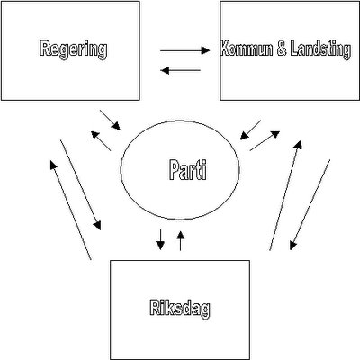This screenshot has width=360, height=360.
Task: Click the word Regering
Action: [73, 49]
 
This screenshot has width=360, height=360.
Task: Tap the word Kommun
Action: [247, 49]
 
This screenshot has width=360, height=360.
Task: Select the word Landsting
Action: [320, 50]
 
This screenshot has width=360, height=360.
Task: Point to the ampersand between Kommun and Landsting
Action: [282, 49]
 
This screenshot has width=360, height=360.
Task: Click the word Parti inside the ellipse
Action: [188, 169]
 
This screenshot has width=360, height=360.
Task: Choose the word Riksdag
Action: [180, 309]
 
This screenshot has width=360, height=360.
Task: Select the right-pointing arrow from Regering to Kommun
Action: [184, 50]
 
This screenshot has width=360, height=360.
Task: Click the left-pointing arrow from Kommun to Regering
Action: [181, 70]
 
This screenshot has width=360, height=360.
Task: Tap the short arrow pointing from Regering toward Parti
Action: [110, 120]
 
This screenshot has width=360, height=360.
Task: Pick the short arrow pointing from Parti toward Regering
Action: [101, 141]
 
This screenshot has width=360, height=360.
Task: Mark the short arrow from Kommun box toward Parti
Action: [250, 130]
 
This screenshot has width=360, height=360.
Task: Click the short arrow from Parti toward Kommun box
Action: [265, 140]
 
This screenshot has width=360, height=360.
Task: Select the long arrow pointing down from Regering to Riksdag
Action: [80, 184]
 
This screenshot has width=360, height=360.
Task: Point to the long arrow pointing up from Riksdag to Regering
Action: [70, 210]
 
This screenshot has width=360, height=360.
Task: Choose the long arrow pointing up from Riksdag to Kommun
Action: [285, 195]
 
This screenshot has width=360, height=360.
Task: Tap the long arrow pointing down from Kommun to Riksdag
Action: [310, 205]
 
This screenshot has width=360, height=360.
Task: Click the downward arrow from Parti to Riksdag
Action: [160, 240]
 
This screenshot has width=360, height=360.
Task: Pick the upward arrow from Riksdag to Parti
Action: [180, 240]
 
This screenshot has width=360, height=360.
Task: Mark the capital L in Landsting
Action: [294, 49]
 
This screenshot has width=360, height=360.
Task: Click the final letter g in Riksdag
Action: [205, 310]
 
